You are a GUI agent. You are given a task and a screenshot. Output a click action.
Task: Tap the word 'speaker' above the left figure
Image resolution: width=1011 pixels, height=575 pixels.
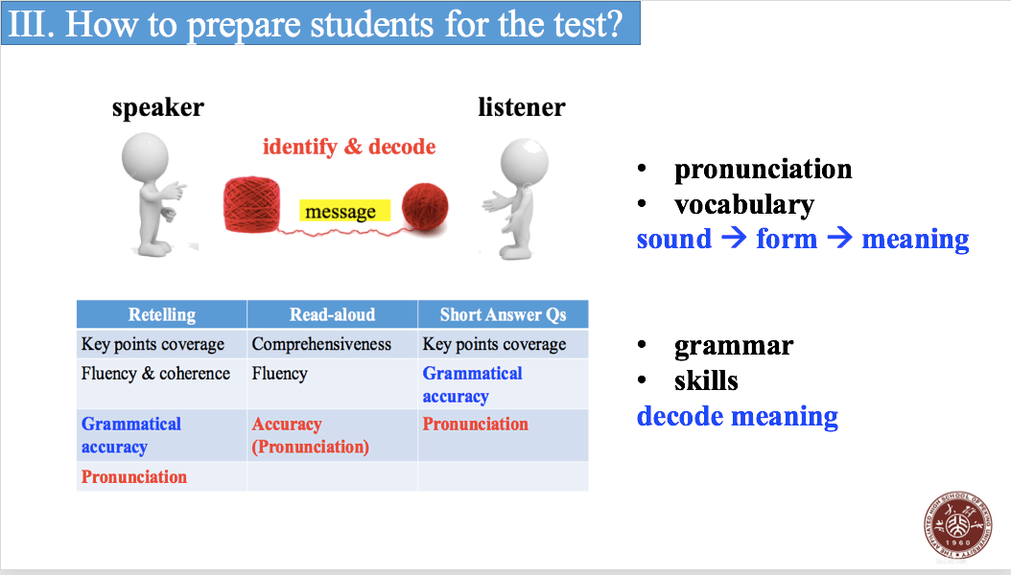coord(158,107)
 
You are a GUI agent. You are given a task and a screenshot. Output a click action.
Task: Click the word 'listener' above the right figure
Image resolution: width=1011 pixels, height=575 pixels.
coord(522,107)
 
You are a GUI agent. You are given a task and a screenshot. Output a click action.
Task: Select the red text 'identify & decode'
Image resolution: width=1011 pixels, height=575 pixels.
coord(349,147)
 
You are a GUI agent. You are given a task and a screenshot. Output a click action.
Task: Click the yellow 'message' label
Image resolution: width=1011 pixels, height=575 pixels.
coord(344,211)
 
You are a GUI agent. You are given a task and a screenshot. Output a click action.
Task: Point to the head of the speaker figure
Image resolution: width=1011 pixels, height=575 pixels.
coord(145,158)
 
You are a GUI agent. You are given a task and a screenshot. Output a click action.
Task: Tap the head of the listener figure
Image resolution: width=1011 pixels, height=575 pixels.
coord(525,162)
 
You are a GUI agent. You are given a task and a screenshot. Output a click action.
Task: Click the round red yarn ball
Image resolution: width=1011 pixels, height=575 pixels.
coord(425,206)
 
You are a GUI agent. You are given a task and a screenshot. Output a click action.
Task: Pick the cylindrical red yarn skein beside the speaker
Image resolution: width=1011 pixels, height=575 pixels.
coord(252,204)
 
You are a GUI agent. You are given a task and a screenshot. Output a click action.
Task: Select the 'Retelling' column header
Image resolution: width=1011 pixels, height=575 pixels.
coord(162,314)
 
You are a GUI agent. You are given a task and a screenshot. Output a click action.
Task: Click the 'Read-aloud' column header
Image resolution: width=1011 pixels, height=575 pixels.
coord(332,314)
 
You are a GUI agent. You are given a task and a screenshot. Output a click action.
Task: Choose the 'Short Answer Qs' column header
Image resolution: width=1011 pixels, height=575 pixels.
coord(503,314)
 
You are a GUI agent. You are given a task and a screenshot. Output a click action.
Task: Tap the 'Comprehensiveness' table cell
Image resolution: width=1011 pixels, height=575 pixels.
coord(321,344)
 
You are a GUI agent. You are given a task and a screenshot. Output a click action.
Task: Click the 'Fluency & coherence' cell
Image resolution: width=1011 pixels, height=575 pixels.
coord(155,374)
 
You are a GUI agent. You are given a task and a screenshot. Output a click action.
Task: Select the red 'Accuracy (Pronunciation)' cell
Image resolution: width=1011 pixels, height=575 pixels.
coord(310,435)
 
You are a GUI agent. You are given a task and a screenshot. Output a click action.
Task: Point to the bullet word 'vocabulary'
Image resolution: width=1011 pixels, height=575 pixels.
coord(744,205)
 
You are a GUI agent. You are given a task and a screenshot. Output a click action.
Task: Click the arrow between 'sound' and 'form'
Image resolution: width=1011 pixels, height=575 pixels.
coord(734,238)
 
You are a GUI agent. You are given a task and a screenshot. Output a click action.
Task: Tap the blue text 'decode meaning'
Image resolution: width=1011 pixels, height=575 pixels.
coord(738,416)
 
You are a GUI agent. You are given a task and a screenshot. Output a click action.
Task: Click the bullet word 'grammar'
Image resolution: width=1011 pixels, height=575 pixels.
coord(734,346)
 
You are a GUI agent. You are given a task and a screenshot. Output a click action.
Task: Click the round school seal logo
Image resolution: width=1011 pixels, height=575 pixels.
coord(957,525)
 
